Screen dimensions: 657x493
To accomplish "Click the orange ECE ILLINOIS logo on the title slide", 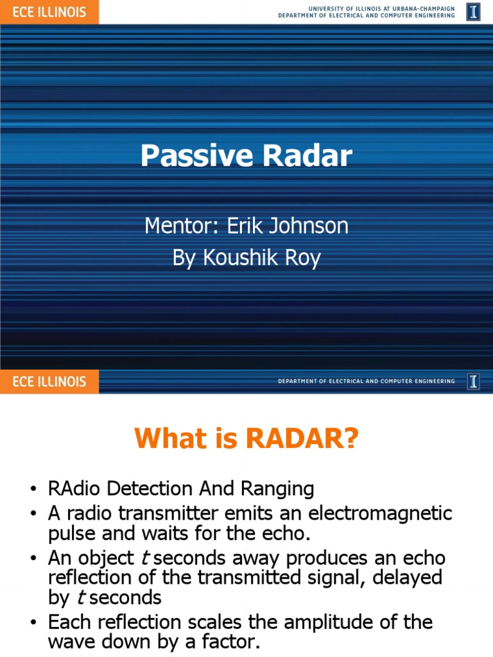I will point(49,12).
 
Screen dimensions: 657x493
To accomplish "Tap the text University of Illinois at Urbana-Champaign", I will point(381,8).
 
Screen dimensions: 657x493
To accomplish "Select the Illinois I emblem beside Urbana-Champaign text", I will point(473,12).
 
